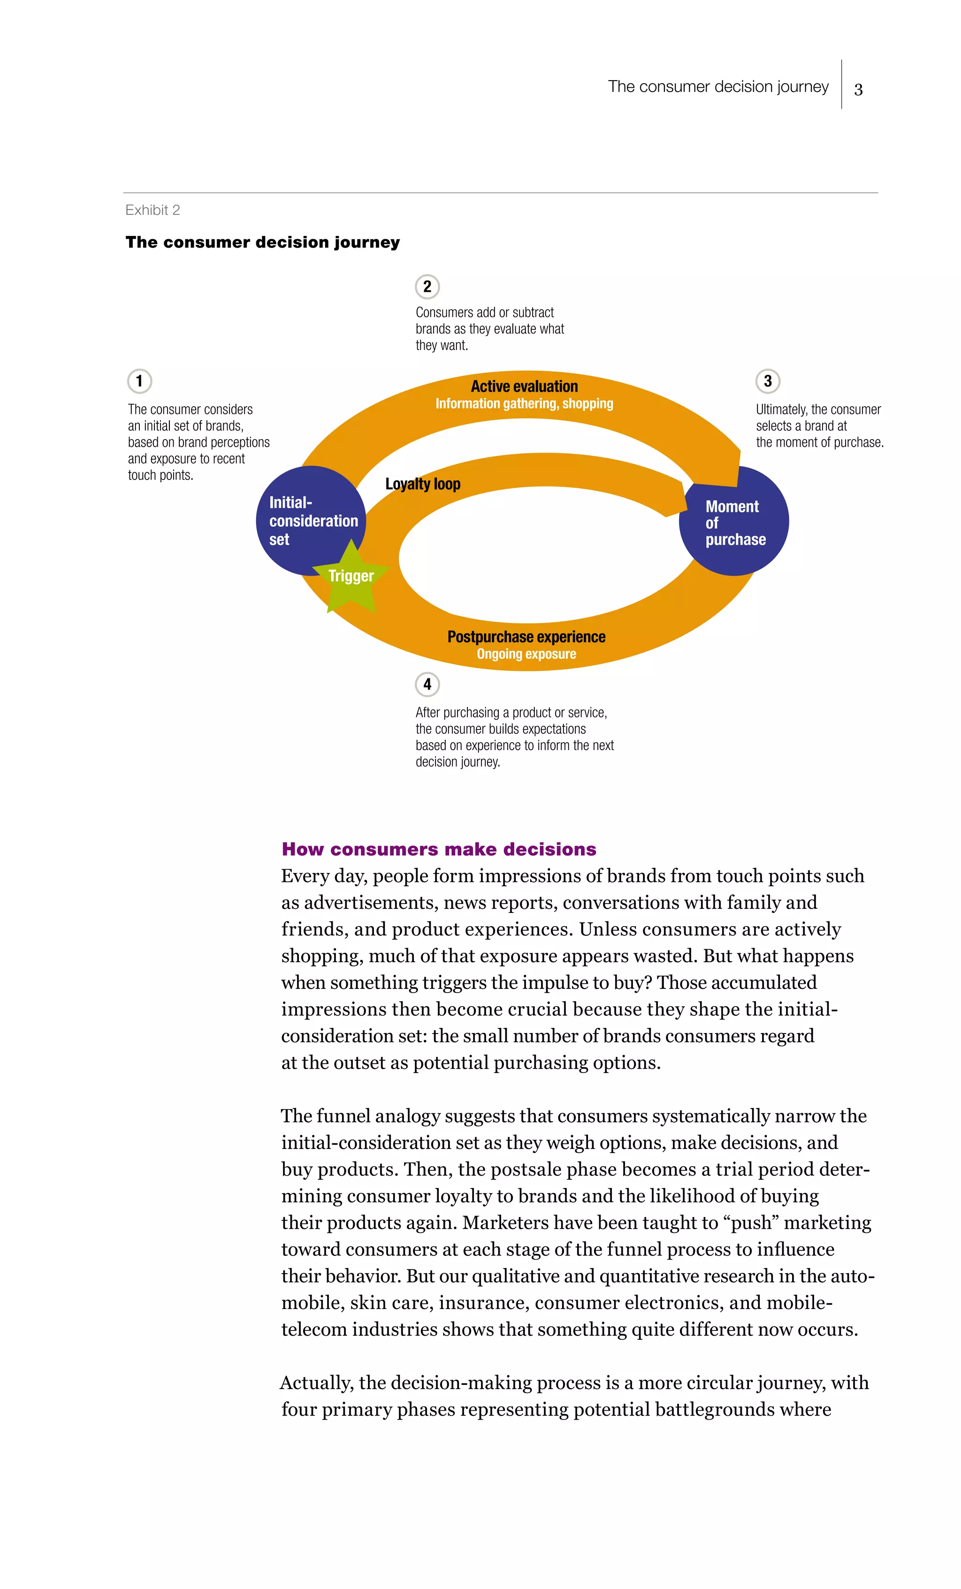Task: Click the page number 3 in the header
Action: [858, 89]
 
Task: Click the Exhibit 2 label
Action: [152, 210]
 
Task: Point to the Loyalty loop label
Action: [422, 484]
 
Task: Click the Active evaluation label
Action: [524, 386]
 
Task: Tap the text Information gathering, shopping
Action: [524, 403]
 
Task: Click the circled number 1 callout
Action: [139, 381]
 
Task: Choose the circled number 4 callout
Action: [427, 684]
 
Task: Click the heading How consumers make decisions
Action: [439, 849]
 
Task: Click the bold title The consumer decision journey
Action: [262, 243]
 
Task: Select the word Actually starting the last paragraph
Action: [316, 1383]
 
